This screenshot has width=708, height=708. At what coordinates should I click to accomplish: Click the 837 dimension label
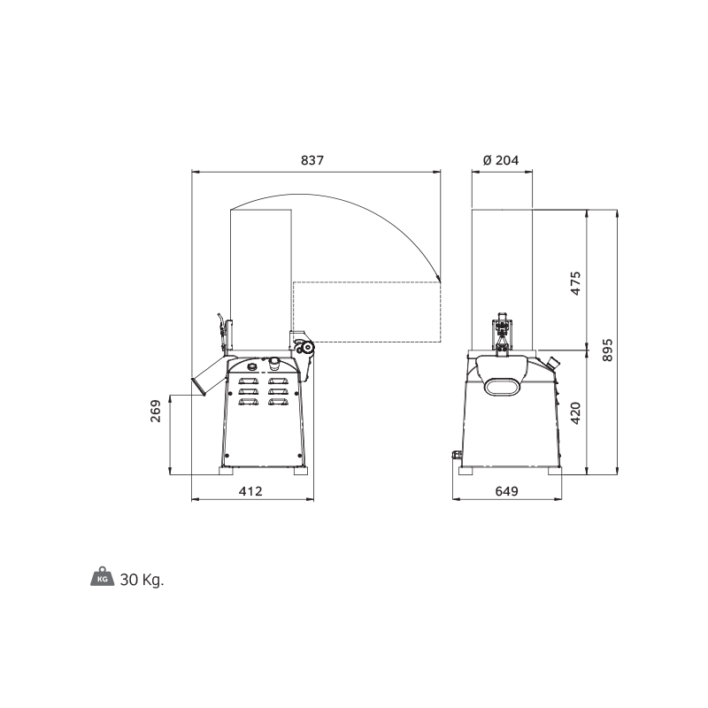pos(312,160)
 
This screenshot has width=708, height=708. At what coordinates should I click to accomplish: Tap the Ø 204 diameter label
pos(501,160)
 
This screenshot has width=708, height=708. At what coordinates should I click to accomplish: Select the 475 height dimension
pos(576,283)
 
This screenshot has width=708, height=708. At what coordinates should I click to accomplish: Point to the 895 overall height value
pos(608,350)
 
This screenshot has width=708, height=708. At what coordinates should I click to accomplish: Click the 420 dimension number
pos(576,413)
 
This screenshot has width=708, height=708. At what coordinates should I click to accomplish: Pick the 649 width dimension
pos(506,491)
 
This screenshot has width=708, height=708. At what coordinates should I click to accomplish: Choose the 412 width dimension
pos(250,491)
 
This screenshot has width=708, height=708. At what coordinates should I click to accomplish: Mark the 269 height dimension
pos(156,411)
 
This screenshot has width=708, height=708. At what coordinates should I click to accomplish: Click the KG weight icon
pos(103,577)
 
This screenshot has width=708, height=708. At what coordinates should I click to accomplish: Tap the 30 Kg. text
pos(142,580)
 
